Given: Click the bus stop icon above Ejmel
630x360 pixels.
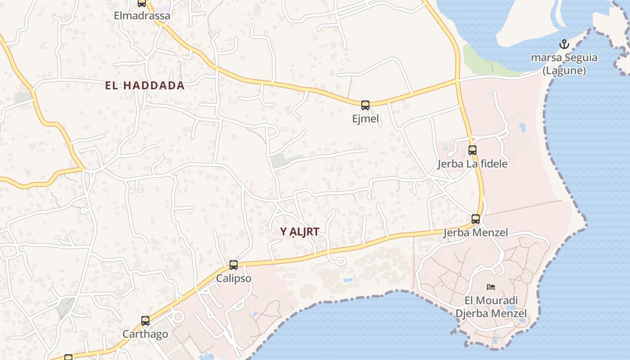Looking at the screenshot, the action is tap(365, 105).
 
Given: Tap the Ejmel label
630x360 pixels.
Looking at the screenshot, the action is tap(365, 119).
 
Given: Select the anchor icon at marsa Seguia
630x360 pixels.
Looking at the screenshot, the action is tap(564, 44).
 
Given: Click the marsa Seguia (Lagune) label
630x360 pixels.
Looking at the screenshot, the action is tap(564, 64).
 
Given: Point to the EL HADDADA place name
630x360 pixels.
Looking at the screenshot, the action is tap(145, 85).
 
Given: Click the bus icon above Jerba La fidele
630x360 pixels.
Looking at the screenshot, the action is tap(472, 150).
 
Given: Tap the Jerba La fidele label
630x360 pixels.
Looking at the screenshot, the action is tap(472, 164).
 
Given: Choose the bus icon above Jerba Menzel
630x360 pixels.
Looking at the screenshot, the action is tap(476, 219).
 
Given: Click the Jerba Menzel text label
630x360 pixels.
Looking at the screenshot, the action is tap(476, 233).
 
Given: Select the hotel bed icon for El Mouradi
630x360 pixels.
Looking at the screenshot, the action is tap(491, 287).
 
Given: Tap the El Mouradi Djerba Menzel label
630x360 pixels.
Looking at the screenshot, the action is tap(491, 306).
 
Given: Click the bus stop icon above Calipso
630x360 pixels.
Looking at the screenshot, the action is tap(234, 265).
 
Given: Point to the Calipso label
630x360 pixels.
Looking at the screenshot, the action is tap(234, 279).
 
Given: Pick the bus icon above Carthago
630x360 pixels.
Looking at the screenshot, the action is tap(145, 321).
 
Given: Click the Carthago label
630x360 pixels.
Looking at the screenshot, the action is tap(145, 334).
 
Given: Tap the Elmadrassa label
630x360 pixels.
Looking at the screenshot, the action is tap(142, 16).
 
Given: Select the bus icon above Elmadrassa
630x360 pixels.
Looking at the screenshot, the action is tap(142, 3).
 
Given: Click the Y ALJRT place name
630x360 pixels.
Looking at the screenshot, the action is tap(300, 232).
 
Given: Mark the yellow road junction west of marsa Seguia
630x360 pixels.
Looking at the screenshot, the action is tap(457, 81).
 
